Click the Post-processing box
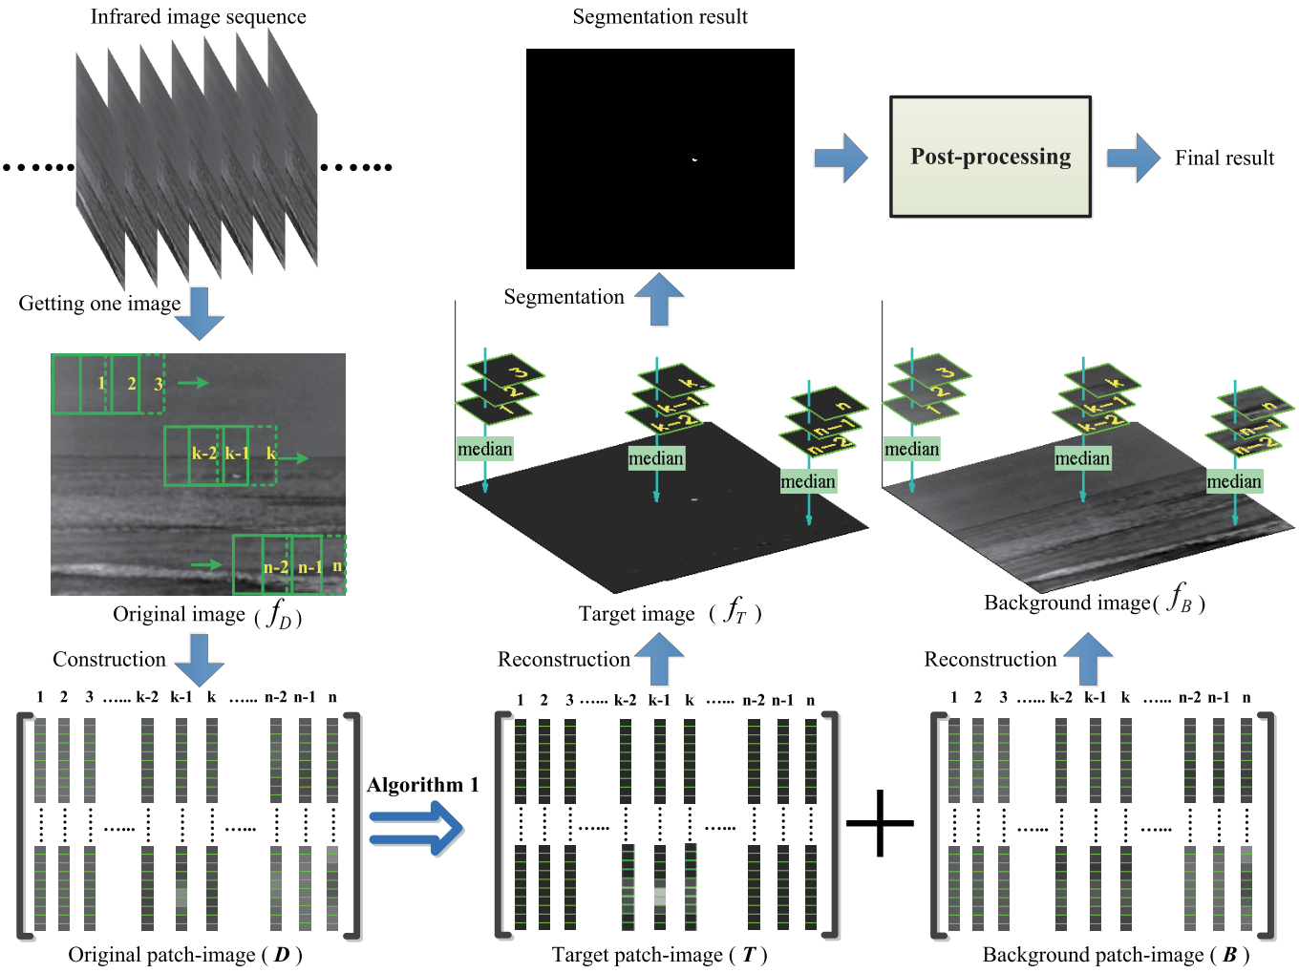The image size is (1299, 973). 990,157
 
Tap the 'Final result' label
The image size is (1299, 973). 1224,159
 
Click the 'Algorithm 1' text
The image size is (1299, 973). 422,785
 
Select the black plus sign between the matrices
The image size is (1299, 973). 880,823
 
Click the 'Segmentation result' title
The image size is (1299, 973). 660,17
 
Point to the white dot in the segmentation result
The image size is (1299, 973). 694,159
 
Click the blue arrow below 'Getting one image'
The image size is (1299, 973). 201,313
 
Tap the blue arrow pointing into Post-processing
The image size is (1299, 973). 841,158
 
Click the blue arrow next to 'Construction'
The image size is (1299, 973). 201,659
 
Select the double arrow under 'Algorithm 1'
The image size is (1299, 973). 415,827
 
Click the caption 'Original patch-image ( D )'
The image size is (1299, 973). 184,955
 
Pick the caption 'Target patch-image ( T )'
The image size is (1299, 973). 659,955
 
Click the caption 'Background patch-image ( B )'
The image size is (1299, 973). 1116,955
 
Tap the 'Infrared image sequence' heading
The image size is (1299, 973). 198,17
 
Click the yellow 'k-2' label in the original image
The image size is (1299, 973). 204,454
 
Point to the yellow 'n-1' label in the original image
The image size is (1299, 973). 309,567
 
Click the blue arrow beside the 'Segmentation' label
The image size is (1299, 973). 659,299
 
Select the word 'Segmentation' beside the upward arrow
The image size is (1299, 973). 564,297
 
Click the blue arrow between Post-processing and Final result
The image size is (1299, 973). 1133,158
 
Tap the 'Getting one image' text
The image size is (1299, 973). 99,304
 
